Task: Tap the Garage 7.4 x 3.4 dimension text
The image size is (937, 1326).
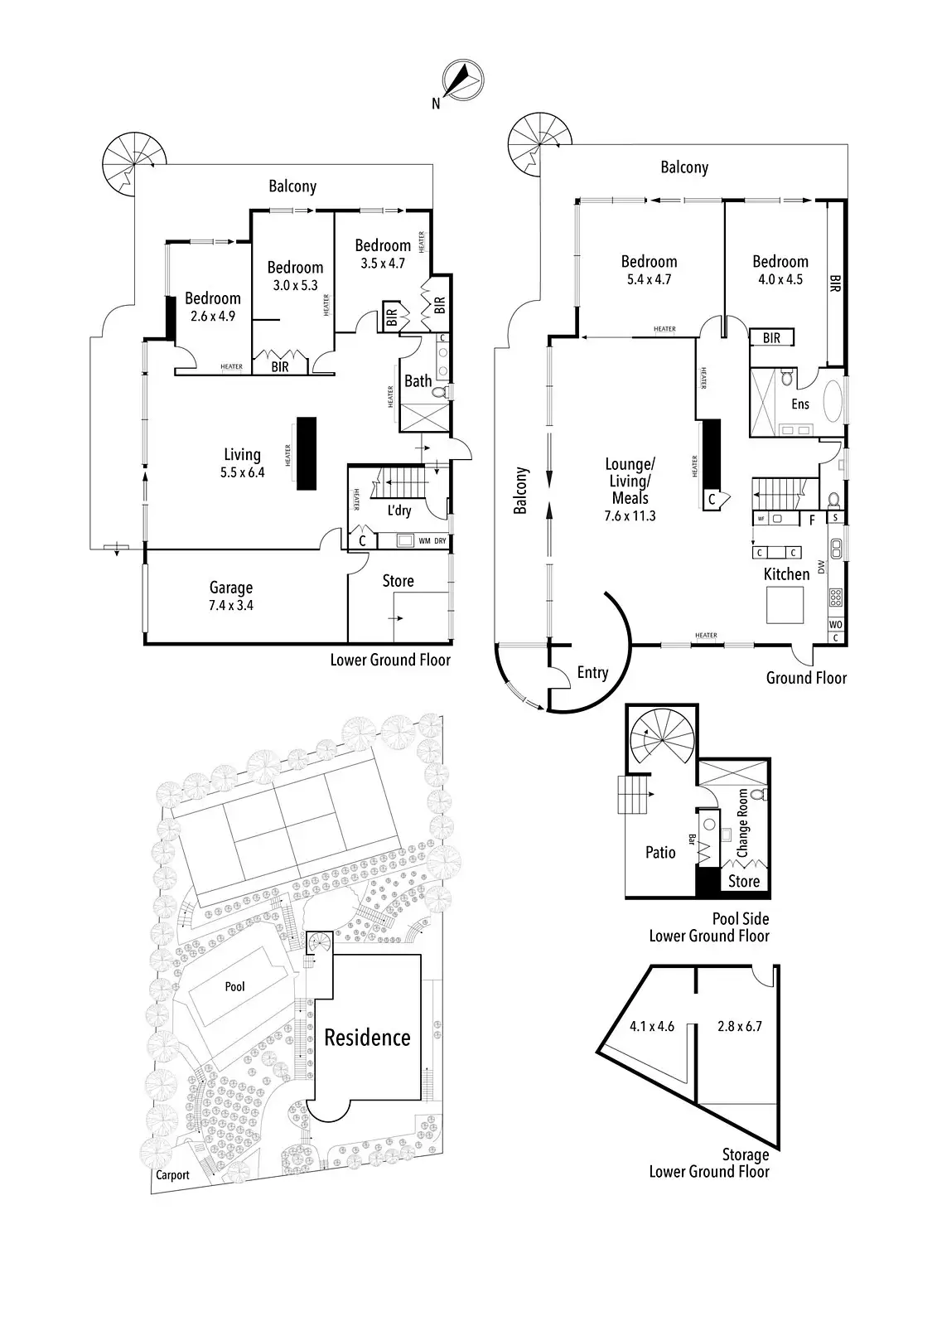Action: point(231,605)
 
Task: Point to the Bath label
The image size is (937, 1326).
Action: point(418,380)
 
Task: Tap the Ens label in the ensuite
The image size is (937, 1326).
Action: point(799,404)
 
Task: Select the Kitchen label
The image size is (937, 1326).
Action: point(786,573)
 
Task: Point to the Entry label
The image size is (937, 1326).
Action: point(592,672)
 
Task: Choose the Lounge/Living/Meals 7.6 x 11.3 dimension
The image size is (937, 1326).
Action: point(631,515)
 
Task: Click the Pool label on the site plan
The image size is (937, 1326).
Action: point(235,986)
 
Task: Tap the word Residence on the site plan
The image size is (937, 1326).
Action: point(367,1037)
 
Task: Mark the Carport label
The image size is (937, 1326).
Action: point(171,1174)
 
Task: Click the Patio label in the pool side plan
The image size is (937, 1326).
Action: point(660,852)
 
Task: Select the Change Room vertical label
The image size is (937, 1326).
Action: point(742,823)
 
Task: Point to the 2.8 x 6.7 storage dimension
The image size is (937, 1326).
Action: point(740,1026)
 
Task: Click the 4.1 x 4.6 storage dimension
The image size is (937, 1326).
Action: point(651,1026)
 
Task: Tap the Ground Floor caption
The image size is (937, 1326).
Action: point(805,678)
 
